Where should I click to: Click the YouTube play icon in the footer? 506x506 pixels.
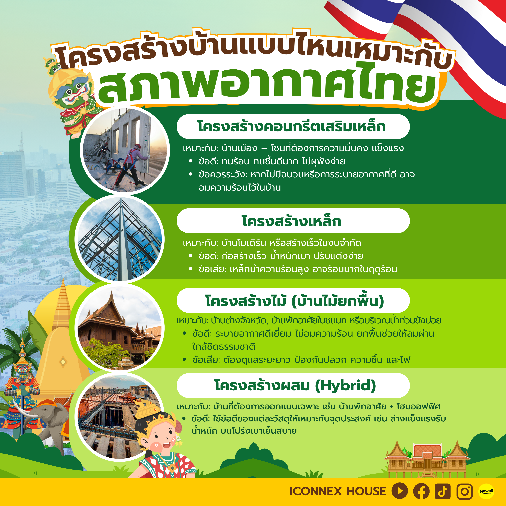click(400, 491)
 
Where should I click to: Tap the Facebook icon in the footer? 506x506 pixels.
click(421, 491)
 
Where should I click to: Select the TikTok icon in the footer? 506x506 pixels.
click(443, 491)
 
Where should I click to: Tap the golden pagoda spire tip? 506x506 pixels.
click(63, 280)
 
